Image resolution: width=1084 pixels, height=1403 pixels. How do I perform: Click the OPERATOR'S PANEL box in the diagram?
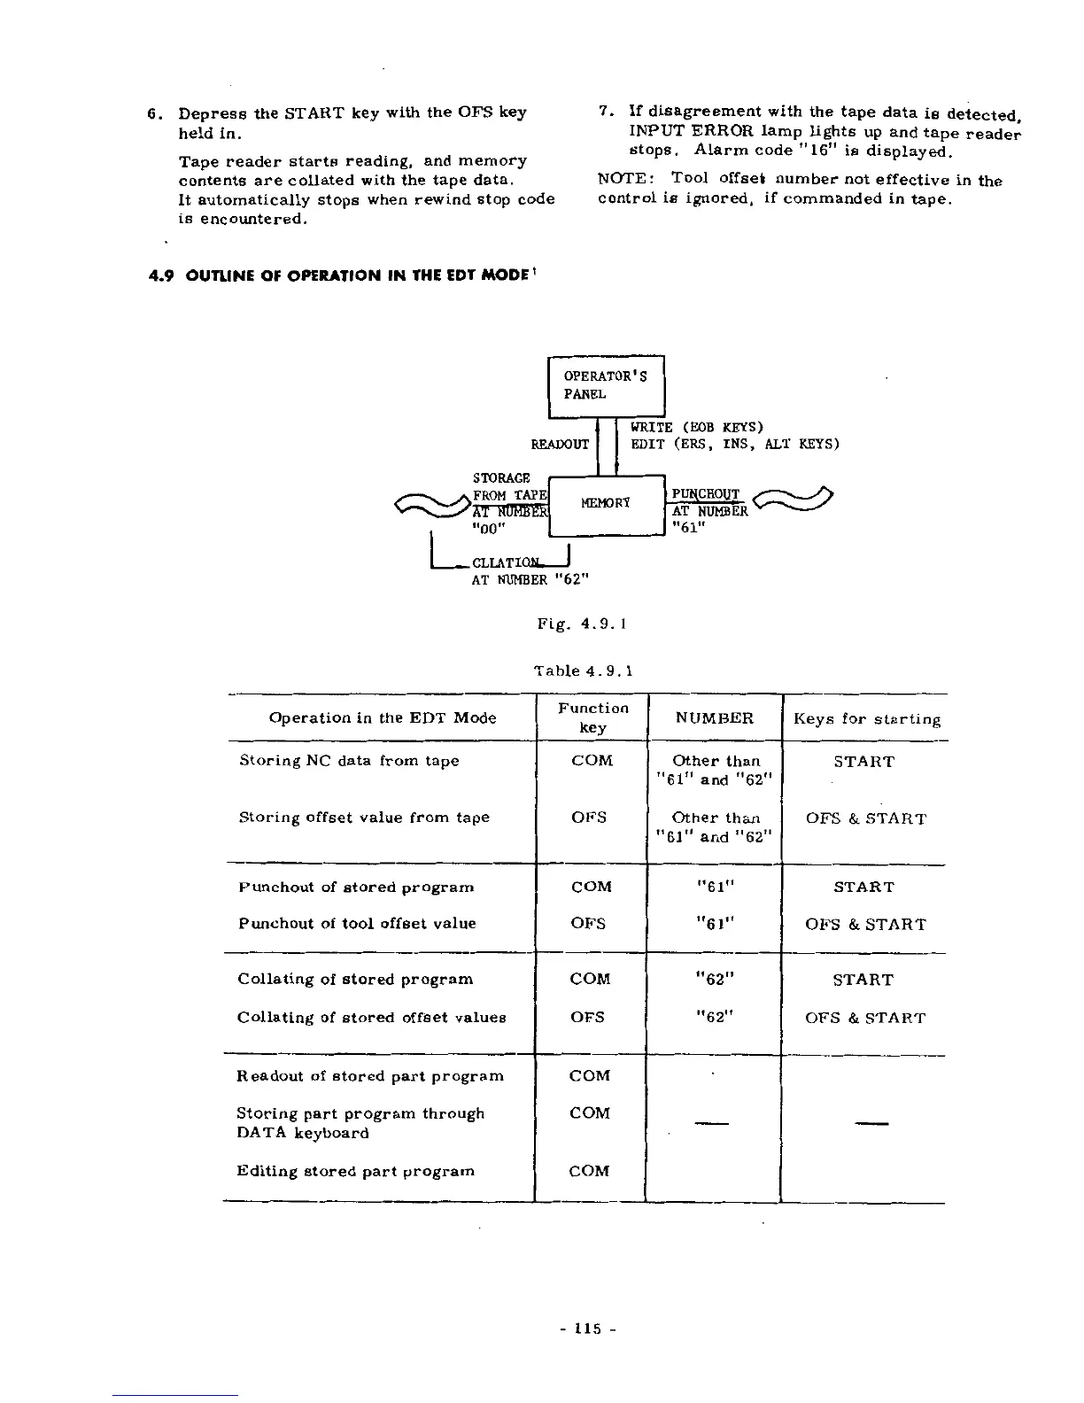[x=606, y=385]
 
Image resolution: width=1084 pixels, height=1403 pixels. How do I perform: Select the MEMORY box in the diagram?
[x=606, y=504]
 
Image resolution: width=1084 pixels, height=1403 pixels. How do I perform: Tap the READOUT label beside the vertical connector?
[x=560, y=444]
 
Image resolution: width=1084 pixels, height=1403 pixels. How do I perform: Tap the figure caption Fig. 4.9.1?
[x=583, y=624]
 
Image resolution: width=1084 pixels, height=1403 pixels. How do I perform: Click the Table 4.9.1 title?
[x=583, y=670]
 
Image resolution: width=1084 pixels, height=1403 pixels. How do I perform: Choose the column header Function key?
[x=592, y=717]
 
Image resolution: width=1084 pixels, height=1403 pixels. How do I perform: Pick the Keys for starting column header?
[x=866, y=718]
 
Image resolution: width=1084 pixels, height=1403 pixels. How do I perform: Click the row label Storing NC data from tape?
[x=349, y=761]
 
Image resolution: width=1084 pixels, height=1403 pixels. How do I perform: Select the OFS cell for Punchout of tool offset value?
[x=589, y=924]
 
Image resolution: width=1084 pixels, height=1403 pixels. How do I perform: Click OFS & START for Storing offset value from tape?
[x=865, y=818]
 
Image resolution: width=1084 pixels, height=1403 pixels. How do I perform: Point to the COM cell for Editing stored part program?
[x=590, y=1171]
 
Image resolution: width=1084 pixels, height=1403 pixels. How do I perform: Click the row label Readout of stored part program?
[x=370, y=1076]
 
